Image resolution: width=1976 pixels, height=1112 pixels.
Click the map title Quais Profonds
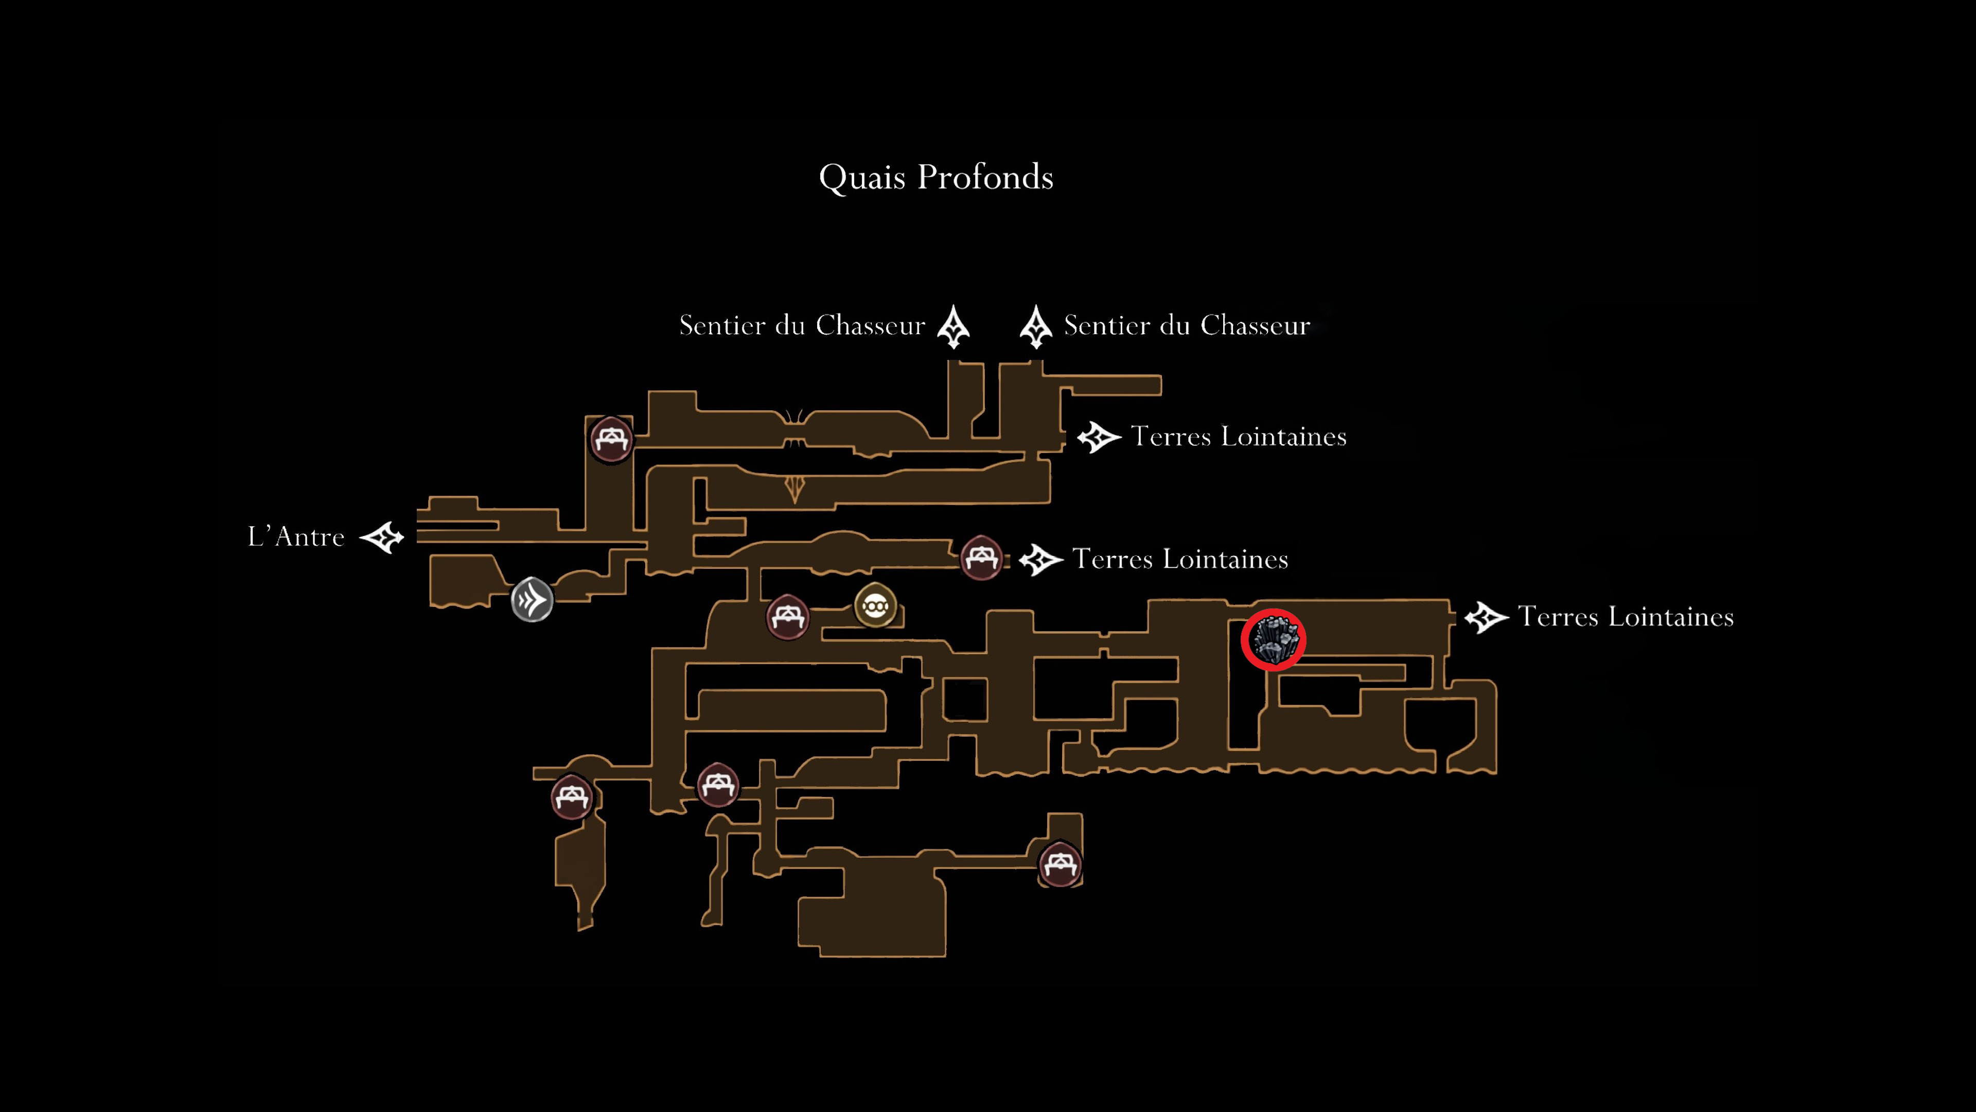[x=936, y=177]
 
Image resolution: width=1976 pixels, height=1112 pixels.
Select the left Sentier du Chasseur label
[x=802, y=325]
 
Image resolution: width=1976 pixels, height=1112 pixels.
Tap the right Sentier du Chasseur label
[x=1187, y=325]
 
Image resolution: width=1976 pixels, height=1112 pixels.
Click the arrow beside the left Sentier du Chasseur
[x=954, y=327]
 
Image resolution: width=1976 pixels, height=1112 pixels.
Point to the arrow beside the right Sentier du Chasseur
[x=1035, y=327]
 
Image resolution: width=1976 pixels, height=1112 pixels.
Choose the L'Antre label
[x=296, y=536]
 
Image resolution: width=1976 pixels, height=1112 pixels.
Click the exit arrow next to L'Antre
[x=382, y=537]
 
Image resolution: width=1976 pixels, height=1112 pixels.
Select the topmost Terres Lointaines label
[x=1239, y=437]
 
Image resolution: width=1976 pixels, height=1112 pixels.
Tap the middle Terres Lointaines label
[x=1180, y=560]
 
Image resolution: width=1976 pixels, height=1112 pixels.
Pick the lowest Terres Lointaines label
[x=1626, y=617]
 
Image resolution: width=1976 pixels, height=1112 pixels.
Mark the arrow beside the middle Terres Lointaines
[x=1041, y=560]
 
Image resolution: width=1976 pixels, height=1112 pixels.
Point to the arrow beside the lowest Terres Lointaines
[x=1487, y=618]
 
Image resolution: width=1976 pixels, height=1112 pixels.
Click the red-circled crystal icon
[x=1274, y=640]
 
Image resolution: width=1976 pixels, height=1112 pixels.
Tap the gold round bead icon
[x=875, y=605]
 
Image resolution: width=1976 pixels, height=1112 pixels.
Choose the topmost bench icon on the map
[x=611, y=440]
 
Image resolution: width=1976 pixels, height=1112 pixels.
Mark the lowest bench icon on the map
[x=1060, y=865]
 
